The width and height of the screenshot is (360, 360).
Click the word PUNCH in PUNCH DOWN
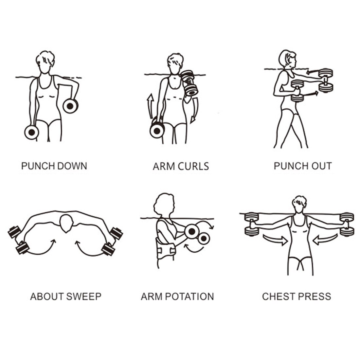(x=38, y=166)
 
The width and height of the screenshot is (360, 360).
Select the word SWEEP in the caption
(x=83, y=297)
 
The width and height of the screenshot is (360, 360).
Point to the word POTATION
(x=189, y=297)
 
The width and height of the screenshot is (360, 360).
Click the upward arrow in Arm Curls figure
(x=151, y=106)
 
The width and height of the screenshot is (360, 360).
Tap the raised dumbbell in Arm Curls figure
(x=189, y=83)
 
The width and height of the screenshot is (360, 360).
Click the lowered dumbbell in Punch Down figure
(x=31, y=132)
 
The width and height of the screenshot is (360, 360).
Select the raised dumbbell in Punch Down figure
(x=70, y=106)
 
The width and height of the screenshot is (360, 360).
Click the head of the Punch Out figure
(x=287, y=59)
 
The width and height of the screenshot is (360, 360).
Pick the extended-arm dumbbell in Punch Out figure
(x=326, y=81)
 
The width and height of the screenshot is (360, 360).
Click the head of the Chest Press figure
(x=299, y=204)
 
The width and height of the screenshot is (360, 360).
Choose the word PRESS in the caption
(x=314, y=297)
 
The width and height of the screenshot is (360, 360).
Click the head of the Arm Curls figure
(x=175, y=63)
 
